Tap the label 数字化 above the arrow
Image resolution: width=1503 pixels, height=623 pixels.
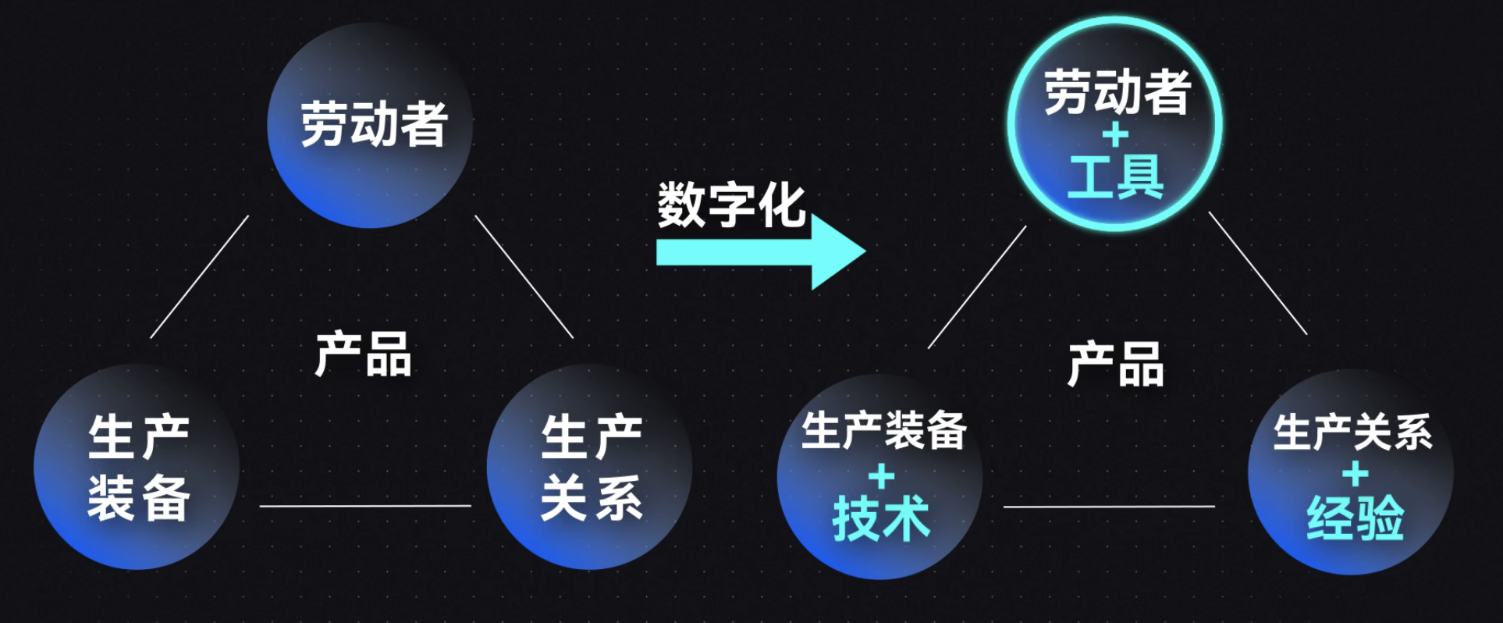point(730,205)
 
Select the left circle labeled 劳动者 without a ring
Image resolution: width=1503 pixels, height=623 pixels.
point(370,125)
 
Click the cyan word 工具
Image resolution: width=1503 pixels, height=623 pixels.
point(1115,176)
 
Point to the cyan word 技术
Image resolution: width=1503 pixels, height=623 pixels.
point(881,518)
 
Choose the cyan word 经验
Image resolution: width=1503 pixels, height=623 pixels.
point(1356,518)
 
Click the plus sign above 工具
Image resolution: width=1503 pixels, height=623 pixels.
point(1115,136)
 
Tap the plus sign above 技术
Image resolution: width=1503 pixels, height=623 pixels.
point(881,475)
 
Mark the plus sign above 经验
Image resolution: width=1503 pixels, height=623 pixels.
point(1356,474)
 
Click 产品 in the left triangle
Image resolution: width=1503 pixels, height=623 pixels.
point(363,354)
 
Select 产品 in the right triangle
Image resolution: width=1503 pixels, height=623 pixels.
point(1115,364)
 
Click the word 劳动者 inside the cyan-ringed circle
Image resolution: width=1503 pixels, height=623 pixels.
point(1117,92)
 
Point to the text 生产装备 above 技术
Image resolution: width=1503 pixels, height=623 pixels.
point(884,430)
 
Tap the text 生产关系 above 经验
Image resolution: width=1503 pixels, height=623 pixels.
point(1352,432)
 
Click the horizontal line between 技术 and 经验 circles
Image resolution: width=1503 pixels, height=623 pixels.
point(1108,507)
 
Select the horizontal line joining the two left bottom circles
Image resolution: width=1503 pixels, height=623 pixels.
point(365,506)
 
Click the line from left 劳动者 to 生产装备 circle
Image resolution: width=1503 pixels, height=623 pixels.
point(200,276)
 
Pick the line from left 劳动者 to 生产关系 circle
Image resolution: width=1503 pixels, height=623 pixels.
point(524,277)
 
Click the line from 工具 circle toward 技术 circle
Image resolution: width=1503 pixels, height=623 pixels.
point(977,287)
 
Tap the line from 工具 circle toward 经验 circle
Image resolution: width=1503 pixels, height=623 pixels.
point(1258,273)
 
